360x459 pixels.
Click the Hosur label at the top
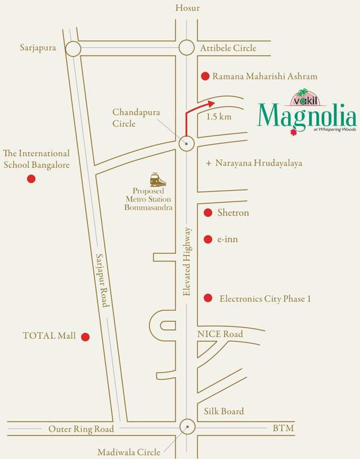187,8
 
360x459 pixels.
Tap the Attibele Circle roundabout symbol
187,48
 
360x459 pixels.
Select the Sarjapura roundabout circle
73,48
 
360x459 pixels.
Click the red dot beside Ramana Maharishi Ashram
205,76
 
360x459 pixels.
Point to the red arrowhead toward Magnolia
211,103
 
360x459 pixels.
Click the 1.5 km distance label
218,117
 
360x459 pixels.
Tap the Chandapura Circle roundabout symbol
187,143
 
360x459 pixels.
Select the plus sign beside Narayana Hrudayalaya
208,163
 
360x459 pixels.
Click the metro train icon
158,179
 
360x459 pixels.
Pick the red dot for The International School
31,179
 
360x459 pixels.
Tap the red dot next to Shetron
208,213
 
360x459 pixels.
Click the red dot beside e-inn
208,239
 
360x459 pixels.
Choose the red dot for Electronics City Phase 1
208,298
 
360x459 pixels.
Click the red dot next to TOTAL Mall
86,336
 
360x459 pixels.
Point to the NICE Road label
220,334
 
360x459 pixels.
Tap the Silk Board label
224,411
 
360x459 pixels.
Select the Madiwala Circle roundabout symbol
187,427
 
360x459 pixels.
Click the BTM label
283,429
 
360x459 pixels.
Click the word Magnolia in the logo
307,115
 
